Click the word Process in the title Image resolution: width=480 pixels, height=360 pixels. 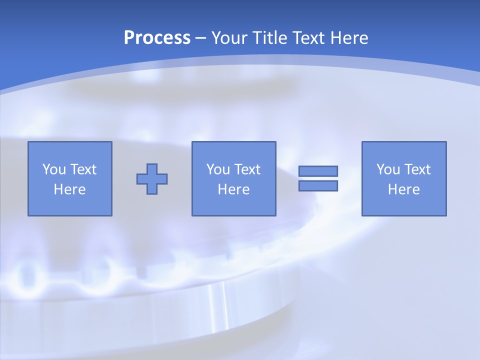[157, 38]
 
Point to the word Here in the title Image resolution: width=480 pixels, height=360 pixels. [349, 38]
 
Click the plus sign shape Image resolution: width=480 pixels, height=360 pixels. [152, 179]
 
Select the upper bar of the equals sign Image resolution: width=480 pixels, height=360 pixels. [318, 171]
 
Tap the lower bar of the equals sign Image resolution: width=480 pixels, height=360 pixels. [318, 185]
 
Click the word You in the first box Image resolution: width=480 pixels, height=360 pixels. [54, 169]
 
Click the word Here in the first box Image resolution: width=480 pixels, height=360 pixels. [69, 189]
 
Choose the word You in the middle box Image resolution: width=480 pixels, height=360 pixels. [218, 169]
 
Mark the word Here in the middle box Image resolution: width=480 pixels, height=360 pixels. [233, 189]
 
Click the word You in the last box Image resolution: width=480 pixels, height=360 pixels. [388, 169]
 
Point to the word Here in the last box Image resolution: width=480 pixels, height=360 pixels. [403, 189]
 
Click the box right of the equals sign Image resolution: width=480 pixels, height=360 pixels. [404, 205]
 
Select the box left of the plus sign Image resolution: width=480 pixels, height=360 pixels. [70, 205]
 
